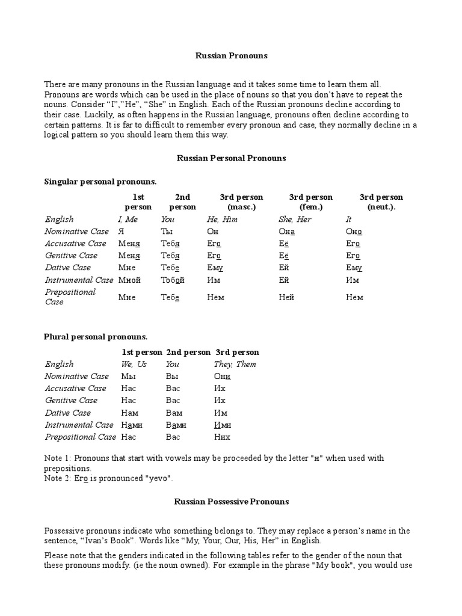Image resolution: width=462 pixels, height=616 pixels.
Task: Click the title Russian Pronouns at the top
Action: point(231,55)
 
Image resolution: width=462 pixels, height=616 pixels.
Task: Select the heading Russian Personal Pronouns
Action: point(231,158)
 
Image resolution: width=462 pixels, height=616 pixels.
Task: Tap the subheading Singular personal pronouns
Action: point(100,182)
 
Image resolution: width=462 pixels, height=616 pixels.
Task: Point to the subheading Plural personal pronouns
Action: point(96,337)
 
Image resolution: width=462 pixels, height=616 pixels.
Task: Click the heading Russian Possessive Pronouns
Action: point(232,501)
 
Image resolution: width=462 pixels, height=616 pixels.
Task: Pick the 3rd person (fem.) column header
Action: point(310,202)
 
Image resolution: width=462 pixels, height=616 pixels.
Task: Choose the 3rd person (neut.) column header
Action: point(381,202)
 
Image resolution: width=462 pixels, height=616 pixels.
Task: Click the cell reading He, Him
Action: point(222,220)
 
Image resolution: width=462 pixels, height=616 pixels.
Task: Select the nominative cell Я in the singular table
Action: point(120,232)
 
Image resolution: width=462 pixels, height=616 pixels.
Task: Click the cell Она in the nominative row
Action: point(287,232)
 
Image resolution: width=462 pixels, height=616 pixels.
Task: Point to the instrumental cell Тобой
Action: point(173,280)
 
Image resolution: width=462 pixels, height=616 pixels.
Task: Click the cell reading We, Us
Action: point(134,364)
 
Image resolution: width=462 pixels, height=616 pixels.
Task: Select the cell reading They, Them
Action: point(235,364)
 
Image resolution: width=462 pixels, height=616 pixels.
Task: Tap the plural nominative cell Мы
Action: point(128,377)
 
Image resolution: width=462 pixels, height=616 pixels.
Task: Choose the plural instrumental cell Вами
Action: point(176,425)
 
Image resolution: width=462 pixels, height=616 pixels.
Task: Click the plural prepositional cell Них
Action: point(222,437)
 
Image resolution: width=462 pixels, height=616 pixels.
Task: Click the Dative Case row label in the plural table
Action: point(68,413)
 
